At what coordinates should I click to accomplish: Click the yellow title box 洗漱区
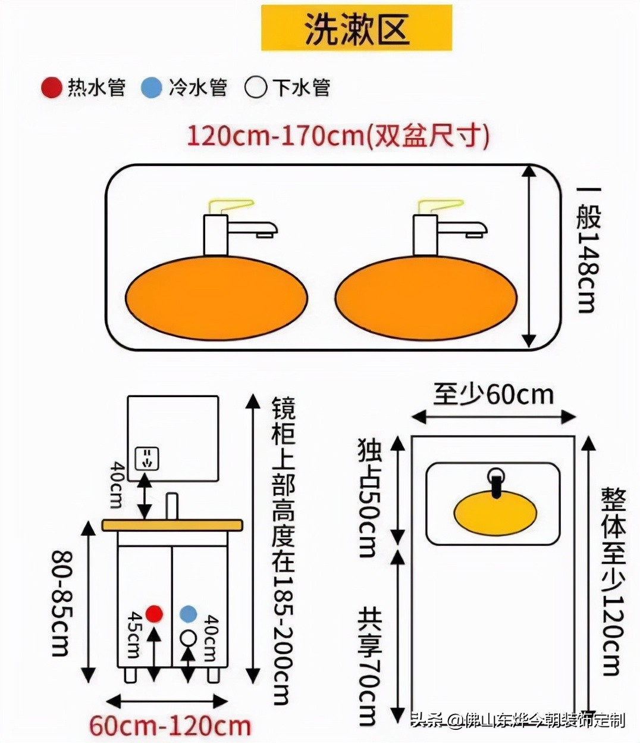[x=356, y=28]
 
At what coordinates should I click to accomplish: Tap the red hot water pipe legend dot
[x=52, y=88]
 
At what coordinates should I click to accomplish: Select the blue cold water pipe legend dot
[x=152, y=88]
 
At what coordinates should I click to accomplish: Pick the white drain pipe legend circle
[x=256, y=88]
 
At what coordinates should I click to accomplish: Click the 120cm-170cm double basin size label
[x=338, y=136]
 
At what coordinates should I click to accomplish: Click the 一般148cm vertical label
[x=588, y=250]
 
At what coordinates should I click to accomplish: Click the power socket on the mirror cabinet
[x=147, y=458]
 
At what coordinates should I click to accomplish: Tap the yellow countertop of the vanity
[x=172, y=525]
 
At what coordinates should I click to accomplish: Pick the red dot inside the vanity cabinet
[x=154, y=613]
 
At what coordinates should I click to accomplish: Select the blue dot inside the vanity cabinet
[x=188, y=613]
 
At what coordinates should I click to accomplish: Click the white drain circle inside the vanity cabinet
[x=188, y=637]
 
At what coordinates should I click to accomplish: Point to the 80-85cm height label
[x=62, y=602]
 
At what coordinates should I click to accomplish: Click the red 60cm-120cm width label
[x=170, y=726]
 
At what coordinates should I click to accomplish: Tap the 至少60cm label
[x=493, y=394]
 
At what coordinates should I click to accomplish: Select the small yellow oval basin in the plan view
[x=495, y=513]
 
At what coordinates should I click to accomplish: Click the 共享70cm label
[x=369, y=667]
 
